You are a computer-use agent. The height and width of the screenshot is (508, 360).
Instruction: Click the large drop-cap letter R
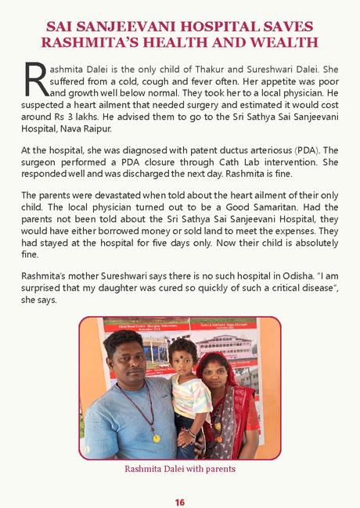pyautogui.click(x=34, y=78)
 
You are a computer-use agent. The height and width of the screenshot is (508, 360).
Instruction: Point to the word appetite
pyautogui.click(x=243, y=79)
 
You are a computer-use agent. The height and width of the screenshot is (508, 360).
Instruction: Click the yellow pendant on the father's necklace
pyautogui.click(x=156, y=438)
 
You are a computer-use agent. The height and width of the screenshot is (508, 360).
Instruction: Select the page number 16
pyautogui.click(x=179, y=501)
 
